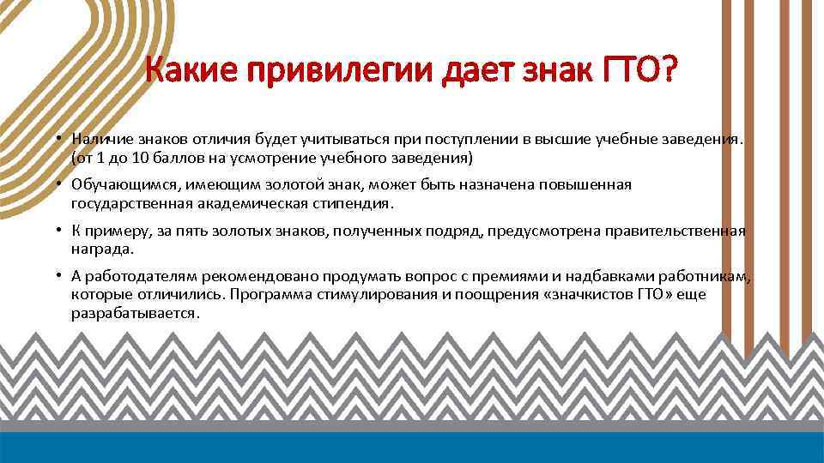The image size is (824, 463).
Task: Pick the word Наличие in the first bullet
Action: click(x=100, y=139)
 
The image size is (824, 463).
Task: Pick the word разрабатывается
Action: click(x=136, y=314)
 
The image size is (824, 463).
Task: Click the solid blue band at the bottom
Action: click(x=412, y=447)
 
